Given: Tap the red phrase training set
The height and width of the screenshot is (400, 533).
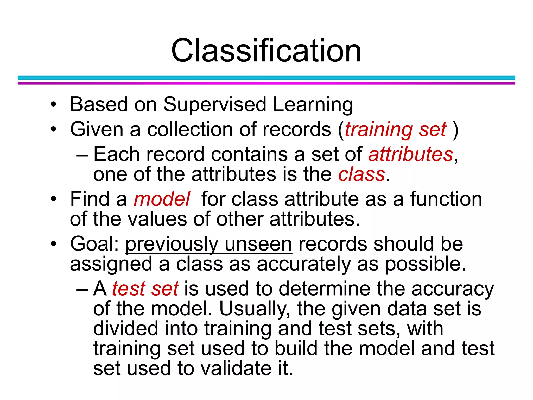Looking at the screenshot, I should click(396, 130).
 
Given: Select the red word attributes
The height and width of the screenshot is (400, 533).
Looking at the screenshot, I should click(411, 154).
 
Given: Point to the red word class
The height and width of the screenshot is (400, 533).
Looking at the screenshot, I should click(361, 174).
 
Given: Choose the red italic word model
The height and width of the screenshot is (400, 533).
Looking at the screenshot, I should click(162, 199).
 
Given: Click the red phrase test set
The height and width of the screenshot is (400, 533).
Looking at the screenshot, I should click(145, 289).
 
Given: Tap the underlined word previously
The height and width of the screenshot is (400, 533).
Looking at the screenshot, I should click(172, 245).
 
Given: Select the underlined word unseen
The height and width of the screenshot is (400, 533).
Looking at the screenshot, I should click(258, 244).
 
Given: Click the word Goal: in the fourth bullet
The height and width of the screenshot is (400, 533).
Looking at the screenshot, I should click(94, 244).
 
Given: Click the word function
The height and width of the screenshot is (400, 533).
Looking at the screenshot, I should click(446, 199).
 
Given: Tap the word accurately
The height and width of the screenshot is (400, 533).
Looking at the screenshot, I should click(304, 264).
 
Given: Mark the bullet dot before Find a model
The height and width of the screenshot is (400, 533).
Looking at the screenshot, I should click(53, 199).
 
